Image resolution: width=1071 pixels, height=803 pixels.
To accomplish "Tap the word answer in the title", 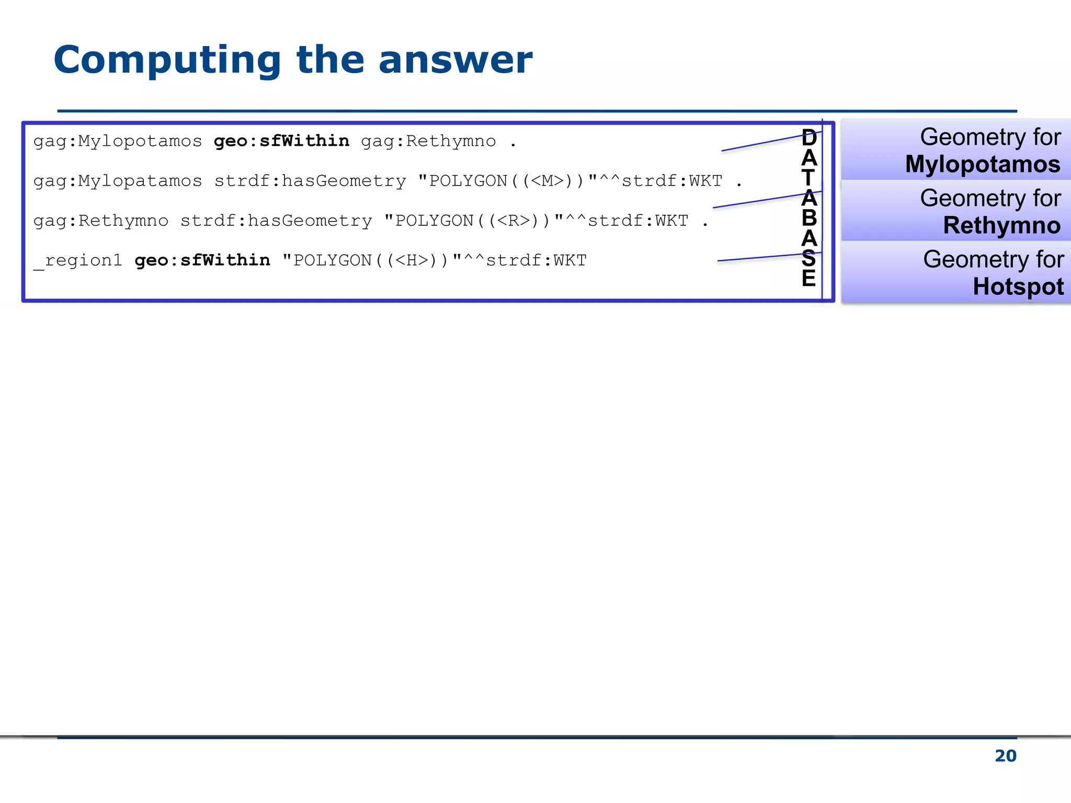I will tap(455, 60).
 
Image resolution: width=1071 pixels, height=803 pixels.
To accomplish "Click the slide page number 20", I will tap(1005, 756).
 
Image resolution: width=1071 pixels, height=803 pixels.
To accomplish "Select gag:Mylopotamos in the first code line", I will tap(118, 141).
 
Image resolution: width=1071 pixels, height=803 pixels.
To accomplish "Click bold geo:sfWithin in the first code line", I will tap(281, 141).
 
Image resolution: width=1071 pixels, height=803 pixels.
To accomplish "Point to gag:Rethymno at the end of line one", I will tap(428, 141).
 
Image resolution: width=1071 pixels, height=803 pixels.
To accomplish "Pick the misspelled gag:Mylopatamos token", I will tap(118, 181).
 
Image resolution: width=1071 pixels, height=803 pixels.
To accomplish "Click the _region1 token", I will tap(77, 260).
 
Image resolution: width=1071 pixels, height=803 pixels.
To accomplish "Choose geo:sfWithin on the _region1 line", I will tap(202, 260).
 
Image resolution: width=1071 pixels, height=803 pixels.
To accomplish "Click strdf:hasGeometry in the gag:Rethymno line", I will tap(276, 221).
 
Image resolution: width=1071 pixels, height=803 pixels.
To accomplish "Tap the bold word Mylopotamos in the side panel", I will tap(983, 164).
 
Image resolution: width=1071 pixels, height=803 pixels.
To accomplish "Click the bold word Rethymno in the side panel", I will tap(1001, 225).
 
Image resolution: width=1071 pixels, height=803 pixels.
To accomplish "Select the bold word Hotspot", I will tap(1018, 286).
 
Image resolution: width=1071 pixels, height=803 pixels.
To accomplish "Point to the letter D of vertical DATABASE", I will tap(809, 137).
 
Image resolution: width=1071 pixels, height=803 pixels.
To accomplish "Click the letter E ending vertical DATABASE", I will tap(809, 278).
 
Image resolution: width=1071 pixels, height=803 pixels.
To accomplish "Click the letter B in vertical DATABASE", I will tap(809, 217).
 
